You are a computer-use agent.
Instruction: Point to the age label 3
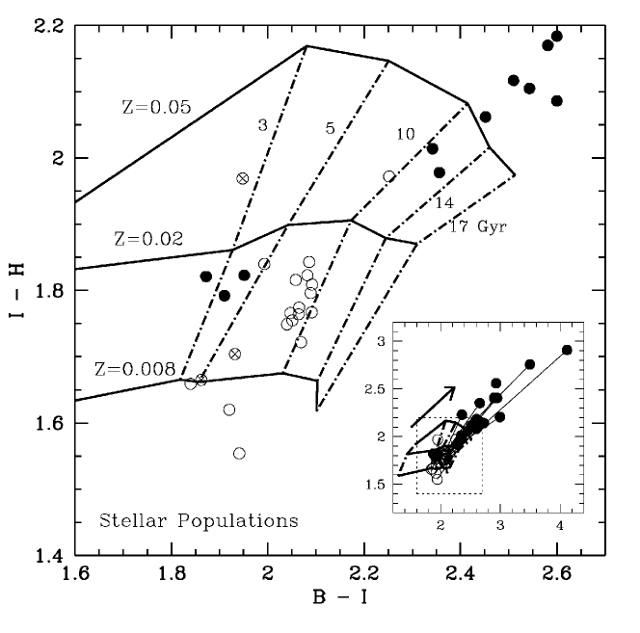click(262, 125)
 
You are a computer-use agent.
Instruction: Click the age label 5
click(329, 127)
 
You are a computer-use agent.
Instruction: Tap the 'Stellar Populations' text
click(199, 522)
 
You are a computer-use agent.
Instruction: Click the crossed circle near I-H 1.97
click(243, 178)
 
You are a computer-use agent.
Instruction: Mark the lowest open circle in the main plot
click(239, 453)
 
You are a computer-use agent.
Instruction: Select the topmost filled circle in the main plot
click(556, 36)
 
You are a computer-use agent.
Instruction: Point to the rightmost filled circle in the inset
click(567, 350)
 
